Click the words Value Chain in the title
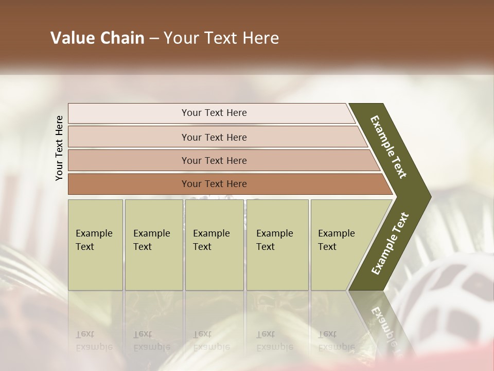coord(97,38)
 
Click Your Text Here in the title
coord(221,38)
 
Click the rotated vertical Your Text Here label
coord(59,148)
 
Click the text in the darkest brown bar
coord(214,184)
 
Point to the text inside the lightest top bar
coord(214,113)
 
